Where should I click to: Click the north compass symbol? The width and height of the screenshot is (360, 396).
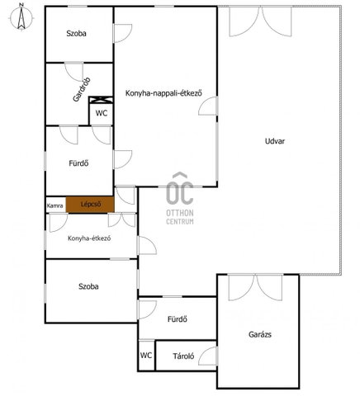pos(21,17)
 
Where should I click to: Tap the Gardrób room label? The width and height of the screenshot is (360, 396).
pos(82,90)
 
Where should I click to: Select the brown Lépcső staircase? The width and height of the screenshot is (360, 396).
pos(90,205)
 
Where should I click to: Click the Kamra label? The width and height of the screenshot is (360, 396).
pos(55,205)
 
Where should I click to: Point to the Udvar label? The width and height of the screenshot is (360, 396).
pos(275,141)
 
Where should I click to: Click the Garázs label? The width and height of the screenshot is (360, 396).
pos(260,334)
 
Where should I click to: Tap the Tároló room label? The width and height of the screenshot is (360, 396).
pos(183,356)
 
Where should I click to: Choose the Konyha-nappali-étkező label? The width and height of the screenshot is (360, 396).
pos(163,93)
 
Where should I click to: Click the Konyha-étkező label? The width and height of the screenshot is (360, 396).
pos(89,238)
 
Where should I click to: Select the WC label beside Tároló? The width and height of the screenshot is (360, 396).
pos(146,355)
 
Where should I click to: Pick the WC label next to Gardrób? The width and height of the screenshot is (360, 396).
pos(102,113)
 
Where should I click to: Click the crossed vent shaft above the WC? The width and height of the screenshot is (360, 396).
pos(102,100)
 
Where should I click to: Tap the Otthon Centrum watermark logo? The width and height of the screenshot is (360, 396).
pos(180,199)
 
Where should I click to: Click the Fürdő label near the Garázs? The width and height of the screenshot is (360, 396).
pos(178,319)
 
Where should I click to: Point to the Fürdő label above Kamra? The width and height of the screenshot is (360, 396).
pos(78,163)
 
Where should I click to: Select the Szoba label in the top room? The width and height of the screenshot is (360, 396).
pos(76,34)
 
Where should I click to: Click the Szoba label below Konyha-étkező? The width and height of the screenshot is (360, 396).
pos(88,286)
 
